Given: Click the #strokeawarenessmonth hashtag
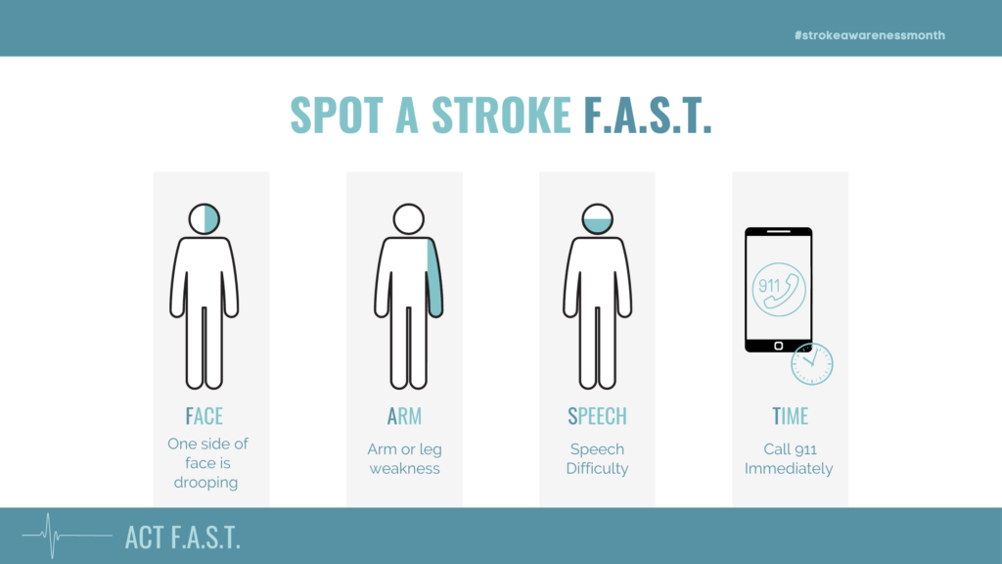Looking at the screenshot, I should pos(870,35).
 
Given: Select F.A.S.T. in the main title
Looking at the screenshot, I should pos(647,116).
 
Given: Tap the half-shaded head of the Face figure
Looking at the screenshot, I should pos(205,218).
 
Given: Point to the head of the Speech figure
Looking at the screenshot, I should pos(597,218).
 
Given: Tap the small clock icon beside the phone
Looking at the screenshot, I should pos(811,364).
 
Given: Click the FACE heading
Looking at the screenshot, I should pos(204,416).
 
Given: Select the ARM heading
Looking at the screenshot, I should pos(404,416).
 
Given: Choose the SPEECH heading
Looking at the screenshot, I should pos(597,416).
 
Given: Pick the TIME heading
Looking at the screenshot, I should pos(791,416).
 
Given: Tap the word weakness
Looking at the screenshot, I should pos(404,468).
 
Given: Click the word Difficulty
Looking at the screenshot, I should pos(597,468).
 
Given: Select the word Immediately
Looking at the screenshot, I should pos(789,468).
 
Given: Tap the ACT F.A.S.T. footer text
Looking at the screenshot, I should pos(183,537).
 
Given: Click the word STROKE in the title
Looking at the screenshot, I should pos(501,116).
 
